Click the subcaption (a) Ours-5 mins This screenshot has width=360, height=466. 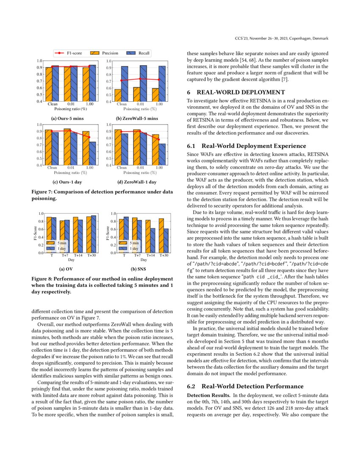(x=68, y=118)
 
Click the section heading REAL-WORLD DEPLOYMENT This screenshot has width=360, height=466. (x=235, y=92)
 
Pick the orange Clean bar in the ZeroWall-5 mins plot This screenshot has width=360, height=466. (x=118, y=95)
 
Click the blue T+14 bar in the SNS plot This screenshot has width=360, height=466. (x=152, y=240)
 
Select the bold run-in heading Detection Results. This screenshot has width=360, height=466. (x=206, y=394)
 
